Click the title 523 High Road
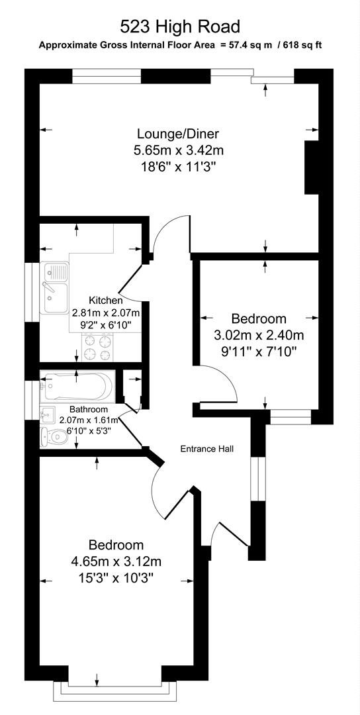pos(179,26)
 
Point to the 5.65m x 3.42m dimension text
pos(177,150)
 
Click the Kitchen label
pos(106,300)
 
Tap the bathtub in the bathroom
pos(79,385)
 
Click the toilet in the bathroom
pos(55,436)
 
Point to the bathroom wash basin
pos(46,415)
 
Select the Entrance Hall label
pos(207,449)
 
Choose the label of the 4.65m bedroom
pos(116,545)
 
